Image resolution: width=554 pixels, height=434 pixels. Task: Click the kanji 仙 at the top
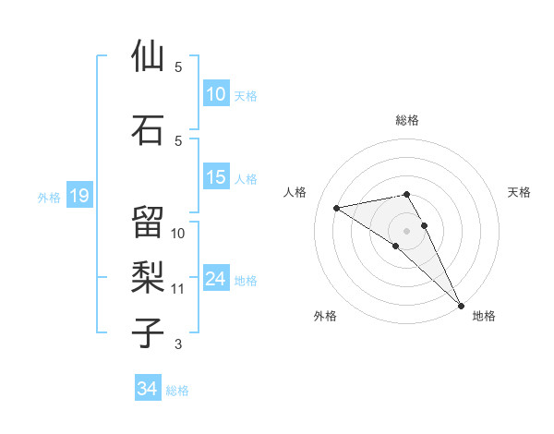(148, 56)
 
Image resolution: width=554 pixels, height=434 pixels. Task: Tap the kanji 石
(148, 129)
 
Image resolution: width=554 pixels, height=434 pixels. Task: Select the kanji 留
(148, 222)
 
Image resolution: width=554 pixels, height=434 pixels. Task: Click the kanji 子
(148, 332)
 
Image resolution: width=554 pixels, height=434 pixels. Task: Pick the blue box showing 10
(216, 94)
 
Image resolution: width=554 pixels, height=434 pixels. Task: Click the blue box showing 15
(216, 178)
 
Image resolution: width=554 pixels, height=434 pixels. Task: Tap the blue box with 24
(216, 279)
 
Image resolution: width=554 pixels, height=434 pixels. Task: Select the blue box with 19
(78, 196)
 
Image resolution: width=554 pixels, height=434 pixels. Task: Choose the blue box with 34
(148, 390)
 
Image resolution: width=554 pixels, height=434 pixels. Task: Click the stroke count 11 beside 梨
(178, 289)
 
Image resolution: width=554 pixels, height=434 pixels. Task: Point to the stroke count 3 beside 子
(178, 344)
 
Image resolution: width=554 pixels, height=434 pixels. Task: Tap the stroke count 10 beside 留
(178, 233)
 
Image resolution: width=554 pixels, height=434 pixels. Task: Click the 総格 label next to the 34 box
(177, 391)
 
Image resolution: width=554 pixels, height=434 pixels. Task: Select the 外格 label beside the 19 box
(49, 197)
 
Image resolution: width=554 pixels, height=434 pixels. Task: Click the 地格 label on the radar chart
(484, 316)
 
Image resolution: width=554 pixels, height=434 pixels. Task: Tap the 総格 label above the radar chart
(407, 120)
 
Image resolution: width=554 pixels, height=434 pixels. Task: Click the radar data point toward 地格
(461, 305)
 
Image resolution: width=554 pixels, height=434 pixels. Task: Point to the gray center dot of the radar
(406, 230)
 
